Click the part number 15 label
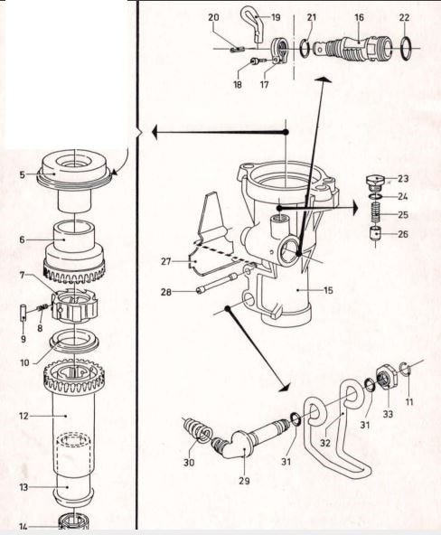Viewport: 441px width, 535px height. pos(328,290)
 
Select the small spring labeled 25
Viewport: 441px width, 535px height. pos(375,213)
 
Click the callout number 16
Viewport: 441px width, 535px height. pos(359,17)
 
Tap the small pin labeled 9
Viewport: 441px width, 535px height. pos(23,311)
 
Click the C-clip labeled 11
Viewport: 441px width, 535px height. pos(404,369)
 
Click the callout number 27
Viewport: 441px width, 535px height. pos(165,262)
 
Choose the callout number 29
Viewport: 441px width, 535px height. pos(244,481)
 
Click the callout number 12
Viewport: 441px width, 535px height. pos(23,416)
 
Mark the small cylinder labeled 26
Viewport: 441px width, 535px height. pos(375,234)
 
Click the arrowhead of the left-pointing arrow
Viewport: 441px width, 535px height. pos(155,132)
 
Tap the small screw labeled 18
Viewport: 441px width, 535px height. pos(255,61)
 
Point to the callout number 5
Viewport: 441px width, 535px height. pos(23,175)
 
